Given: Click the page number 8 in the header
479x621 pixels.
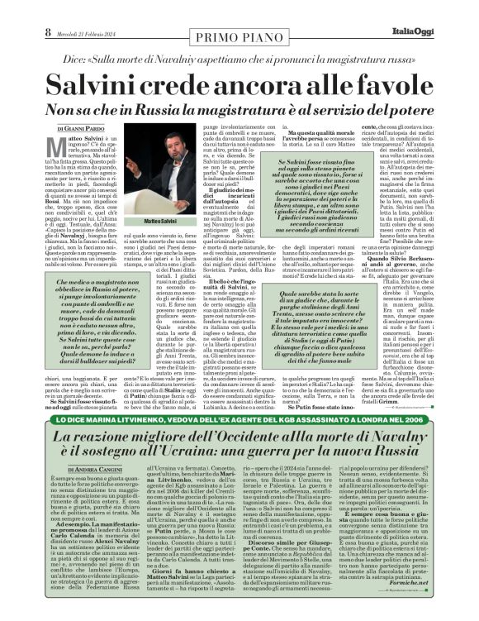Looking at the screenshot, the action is (14, 9).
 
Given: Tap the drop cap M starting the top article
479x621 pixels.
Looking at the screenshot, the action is (50, 141).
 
